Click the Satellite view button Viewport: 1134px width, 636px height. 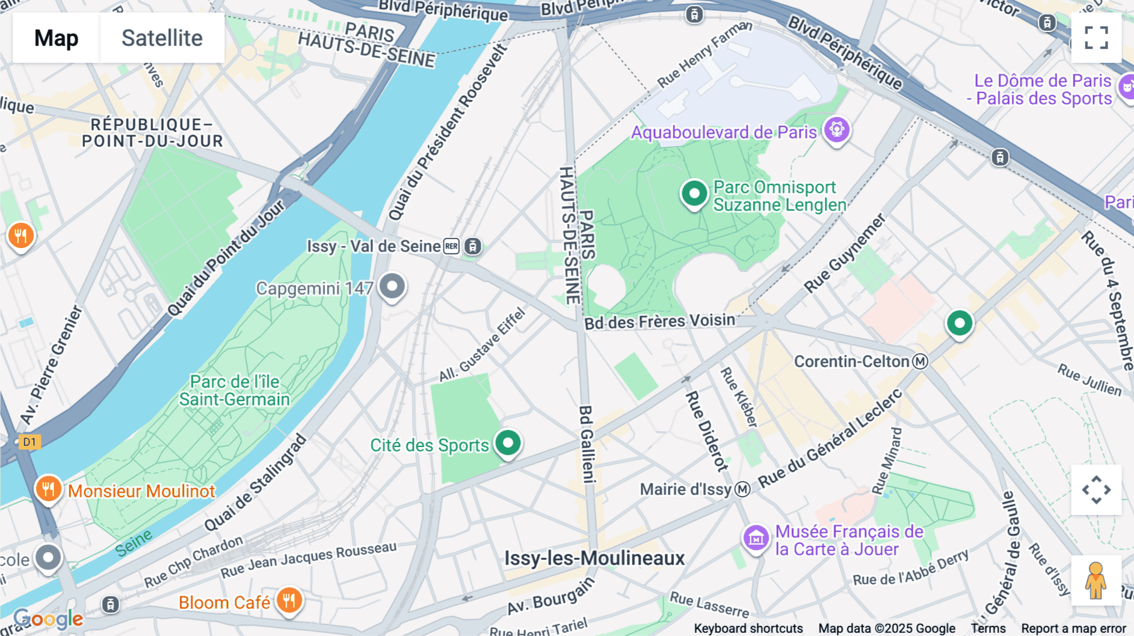point(162,38)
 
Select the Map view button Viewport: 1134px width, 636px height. point(56,38)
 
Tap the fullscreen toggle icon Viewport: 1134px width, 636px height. point(1096,38)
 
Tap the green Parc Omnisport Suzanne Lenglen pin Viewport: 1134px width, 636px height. point(694,194)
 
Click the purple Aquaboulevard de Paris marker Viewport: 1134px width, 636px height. point(837,130)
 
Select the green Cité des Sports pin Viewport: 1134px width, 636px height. point(508,443)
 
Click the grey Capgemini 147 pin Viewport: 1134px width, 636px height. point(392,287)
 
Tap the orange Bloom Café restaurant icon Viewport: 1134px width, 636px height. point(289,600)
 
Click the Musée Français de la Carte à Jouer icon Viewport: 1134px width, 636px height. point(756,538)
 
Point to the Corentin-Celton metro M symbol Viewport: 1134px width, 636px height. point(920,361)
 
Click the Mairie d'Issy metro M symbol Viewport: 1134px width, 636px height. point(743,489)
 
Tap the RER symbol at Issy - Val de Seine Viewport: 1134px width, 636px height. point(452,246)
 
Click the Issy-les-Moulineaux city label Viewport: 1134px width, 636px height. point(594,558)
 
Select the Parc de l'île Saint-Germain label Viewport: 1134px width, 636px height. point(234,390)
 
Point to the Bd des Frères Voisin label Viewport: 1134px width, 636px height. point(660,322)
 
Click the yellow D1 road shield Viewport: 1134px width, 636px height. point(30,441)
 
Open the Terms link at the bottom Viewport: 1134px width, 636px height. point(988,628)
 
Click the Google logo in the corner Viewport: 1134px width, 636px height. point(49,619)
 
